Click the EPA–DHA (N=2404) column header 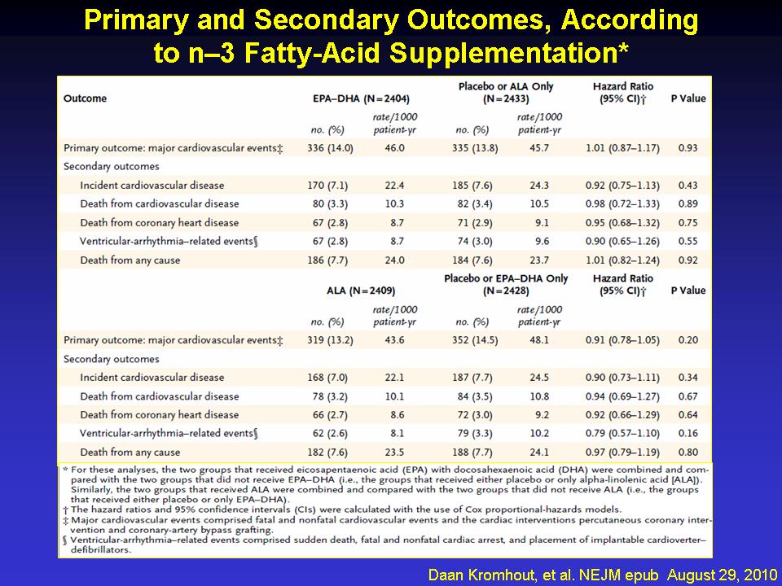[361, 98]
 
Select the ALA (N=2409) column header [361, 291]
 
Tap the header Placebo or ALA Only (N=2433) [506, 93]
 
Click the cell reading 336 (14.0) [330, 148]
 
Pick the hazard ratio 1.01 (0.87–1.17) [622, 148]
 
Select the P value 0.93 [688, 148]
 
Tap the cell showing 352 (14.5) [475, 340]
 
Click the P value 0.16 [688, 434]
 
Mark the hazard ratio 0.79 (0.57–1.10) [622, 434]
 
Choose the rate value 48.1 [539, 340]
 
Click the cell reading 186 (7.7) [327, 260]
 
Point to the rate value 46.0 [394, 148]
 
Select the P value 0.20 [688, 340]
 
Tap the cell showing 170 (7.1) [327, 186]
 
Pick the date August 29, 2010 [723, 575]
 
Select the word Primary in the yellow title [136, 21]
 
